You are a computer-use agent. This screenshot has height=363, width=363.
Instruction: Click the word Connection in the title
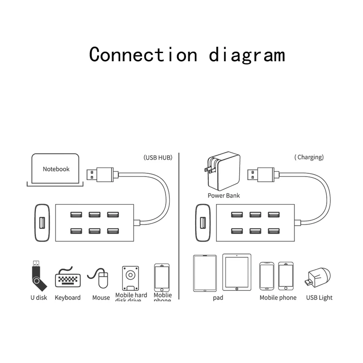(x=143, y=54)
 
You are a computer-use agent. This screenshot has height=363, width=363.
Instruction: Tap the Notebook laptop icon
(x=55, y=170)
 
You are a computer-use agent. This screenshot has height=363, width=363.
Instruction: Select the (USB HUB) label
(x=158, y=157)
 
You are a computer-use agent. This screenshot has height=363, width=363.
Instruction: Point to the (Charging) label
(x=309, y=157)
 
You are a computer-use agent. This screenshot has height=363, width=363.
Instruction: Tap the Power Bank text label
(x=224, y=196)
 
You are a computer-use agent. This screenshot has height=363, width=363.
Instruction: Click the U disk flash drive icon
(x=38, y=275)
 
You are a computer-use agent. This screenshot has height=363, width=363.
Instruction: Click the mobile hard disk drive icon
(x=131, y=278)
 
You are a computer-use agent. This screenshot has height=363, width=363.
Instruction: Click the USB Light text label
(x=319, y=298)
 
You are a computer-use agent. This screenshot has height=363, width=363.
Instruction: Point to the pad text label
(x=218, y=298)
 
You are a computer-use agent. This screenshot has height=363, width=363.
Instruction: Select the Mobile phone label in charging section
(x=278, y=298)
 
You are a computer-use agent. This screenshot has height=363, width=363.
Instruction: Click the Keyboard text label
(x=68, y=298)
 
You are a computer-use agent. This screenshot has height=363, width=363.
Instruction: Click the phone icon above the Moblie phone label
(x=162, y=277)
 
